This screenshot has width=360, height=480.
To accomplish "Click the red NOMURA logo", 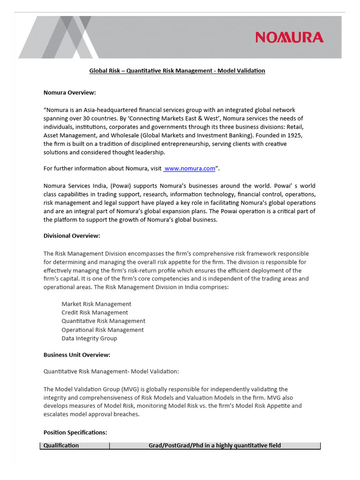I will pyautogui.click(x=289, y=37).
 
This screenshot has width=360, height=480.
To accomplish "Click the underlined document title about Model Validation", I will pyautogui.click(x=177, y=71).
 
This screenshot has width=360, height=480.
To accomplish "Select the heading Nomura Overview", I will pyautogui.click(x=69, y=93).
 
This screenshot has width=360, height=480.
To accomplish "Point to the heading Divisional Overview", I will pyautogui.click(x=72, y=236).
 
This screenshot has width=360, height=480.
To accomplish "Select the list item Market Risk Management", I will pyautogui.click(x=96, y=304).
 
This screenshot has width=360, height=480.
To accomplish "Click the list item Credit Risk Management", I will pyautogui.click(x=94, y=313).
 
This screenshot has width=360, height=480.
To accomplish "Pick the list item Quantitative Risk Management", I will pyautogui.click(x=103, y=321).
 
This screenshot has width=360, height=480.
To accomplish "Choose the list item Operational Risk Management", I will pyautogui.click(x=102, y=330).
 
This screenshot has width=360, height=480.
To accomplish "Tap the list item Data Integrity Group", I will pyautogui.click(x=89, y=338).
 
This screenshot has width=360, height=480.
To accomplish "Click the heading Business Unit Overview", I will pyautogui.click(x=77, y=355).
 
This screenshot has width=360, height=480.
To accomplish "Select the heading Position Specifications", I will pyautogui.click(x=75, y=432).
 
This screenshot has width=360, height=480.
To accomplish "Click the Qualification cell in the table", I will pyautogui.click(x=61, y=445).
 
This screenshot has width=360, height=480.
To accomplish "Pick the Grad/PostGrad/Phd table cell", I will pyautogui.click(x=215, y=445).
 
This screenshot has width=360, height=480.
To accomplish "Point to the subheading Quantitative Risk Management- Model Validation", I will pyautogui.click(x=111, y=372).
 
